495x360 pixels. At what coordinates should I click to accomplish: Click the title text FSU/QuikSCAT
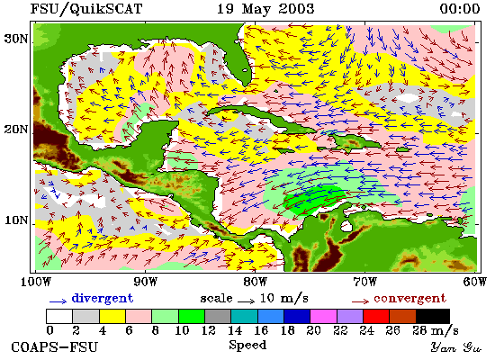[x=86, y=9]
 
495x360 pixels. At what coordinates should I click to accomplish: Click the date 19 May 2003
[x=265, y=8]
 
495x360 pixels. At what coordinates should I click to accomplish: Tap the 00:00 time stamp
[x=460, y=9]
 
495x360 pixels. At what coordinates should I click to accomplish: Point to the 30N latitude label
[x=16, y=39]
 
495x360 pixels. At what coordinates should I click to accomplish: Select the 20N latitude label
[x=16, y=130]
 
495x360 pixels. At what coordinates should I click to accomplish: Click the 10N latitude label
[x=16, y=220]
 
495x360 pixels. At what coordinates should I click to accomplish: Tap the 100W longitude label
[x=36, y=281]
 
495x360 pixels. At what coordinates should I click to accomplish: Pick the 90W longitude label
[x=145, y=281]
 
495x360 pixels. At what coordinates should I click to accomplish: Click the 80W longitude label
[x=255, y=281]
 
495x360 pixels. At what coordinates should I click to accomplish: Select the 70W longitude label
[x=364, y=281]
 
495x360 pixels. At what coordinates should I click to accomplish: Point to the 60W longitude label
[x=475, y=281]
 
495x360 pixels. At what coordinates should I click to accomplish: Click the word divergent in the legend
[x=103, y=299]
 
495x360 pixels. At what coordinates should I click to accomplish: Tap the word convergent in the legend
[x=409, y=299]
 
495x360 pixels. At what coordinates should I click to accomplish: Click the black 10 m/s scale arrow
[x=247, y=301]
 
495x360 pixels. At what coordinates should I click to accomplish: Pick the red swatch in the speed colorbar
[x=376, y=317]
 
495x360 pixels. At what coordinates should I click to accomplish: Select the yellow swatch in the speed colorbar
[x=112, y=317]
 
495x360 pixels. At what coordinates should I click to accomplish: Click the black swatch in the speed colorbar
[x=433, y=317]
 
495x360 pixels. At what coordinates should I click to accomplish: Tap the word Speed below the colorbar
[x=247, y=346]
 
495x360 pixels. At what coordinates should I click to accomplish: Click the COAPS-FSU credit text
[x=55, y=347]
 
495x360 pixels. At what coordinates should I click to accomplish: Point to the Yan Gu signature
[x=456, y=347]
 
